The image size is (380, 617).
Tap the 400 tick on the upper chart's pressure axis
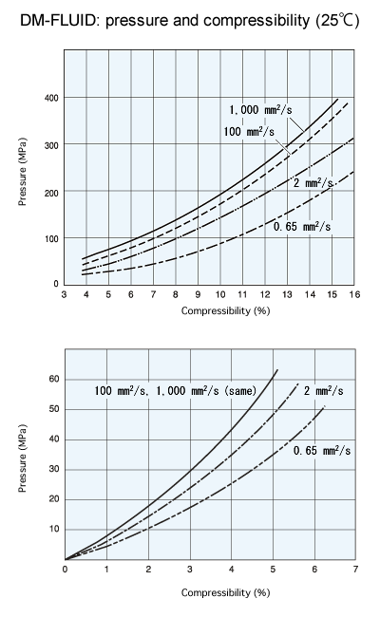50,99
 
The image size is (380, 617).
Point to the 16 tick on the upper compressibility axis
353,296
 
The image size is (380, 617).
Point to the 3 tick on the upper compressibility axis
64,296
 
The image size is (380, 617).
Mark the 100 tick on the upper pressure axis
50,237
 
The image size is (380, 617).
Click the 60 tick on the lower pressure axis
53,379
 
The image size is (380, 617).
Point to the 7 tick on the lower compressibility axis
354,570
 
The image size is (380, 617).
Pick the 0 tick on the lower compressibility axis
65,570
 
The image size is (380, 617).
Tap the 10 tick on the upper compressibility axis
220,296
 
